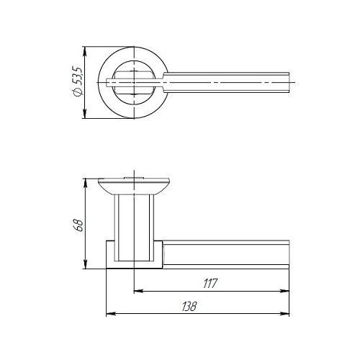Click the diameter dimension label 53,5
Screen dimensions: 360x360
coord(77,76)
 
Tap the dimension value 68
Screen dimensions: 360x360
coord(78,225)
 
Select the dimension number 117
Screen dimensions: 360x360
coord(210,284)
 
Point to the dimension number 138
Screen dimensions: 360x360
coord(189,307)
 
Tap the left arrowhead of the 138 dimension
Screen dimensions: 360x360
coord(111,313)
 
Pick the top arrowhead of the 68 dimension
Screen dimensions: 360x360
coord(84,183)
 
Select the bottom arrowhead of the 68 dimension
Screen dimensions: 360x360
coord(84,264)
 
